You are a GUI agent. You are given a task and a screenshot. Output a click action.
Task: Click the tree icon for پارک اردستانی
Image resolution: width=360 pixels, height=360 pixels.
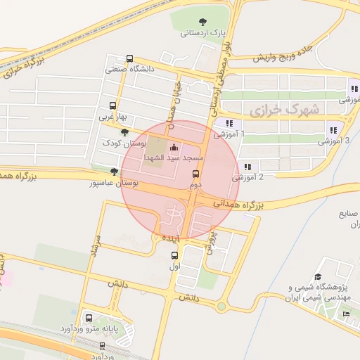203,22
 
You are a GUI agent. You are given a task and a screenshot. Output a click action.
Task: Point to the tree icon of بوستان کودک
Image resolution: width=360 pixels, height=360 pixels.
124,131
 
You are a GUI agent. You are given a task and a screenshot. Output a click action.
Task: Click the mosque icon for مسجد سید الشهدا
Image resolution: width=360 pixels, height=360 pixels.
174,148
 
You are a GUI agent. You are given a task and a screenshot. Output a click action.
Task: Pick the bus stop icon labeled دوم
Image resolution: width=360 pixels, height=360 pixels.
195,174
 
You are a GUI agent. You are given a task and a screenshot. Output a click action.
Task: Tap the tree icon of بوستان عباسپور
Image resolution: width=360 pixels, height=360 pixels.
114,172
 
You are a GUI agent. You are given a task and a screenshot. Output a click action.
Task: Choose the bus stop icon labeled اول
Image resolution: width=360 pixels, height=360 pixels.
174,255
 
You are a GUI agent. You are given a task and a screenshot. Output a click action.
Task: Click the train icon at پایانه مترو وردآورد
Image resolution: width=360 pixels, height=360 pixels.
89,317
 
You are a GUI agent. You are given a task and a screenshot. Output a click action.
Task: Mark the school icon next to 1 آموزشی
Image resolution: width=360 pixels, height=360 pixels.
229,123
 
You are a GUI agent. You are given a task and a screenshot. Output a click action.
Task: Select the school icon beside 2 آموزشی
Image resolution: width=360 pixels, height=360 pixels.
247,167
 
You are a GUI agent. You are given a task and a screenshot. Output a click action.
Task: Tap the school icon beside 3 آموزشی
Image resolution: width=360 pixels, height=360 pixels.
333,130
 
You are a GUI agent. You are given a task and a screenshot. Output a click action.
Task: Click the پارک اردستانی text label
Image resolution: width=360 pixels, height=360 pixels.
202,33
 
